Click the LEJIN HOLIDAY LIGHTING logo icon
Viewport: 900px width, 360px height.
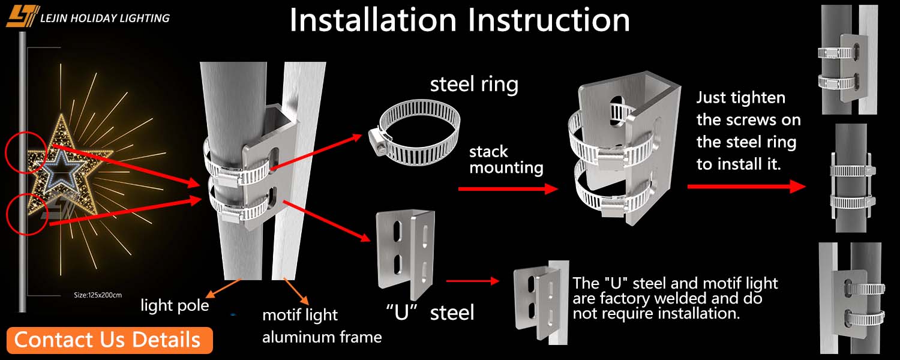tap(23, 16)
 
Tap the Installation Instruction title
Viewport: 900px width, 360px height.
tap(460, 20)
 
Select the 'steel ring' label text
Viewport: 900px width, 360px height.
tap(474, 85)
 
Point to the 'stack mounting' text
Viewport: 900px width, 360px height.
tap(506, 159)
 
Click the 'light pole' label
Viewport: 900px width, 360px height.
tap(175, 305)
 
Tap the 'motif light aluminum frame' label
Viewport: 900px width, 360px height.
tap(322, 326)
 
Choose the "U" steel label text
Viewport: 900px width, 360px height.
tap(430, 311)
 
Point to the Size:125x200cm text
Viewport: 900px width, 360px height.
tap(98, 295)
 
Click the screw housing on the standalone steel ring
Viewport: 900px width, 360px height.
tap(379, 142)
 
